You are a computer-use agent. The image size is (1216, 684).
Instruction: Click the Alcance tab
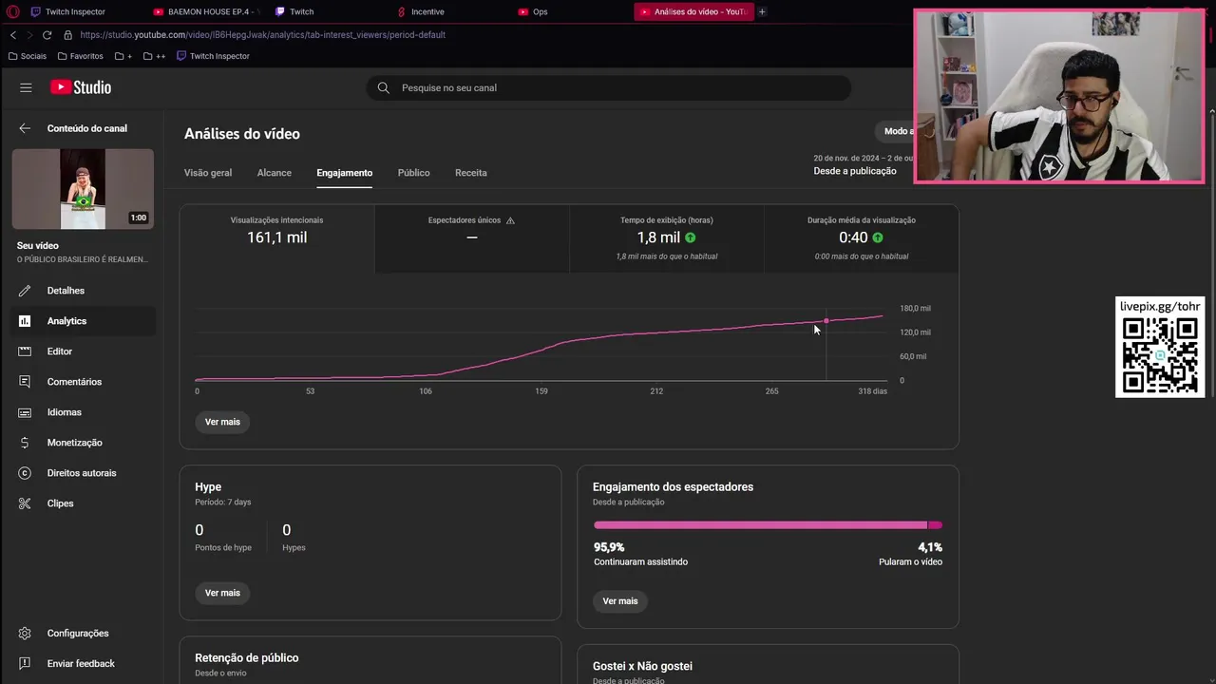point(274,173)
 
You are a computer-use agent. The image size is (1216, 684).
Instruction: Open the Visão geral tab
point(208,173)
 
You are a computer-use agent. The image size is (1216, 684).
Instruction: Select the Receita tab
point(470,173)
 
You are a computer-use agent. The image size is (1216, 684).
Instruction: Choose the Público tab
point(413,173)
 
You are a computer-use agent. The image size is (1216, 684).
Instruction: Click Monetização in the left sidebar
point(74,443)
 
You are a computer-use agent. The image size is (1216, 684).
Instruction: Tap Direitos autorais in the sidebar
point(82,473)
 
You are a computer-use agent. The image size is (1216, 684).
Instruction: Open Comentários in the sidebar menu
point(74,382)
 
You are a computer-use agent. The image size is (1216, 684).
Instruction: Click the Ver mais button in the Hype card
point(222,593)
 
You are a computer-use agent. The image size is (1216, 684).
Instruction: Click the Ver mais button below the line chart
point(222,422)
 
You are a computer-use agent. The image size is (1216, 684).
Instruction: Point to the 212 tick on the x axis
point(656,391)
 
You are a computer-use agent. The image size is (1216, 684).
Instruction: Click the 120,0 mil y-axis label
point(915,332)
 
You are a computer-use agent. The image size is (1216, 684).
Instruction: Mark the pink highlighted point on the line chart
point(826,321)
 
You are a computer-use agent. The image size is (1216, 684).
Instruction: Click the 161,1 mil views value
point(276,237)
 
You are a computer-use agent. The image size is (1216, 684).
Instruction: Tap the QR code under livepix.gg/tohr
point(1159,355)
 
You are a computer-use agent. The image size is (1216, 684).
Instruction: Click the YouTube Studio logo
point(81,87)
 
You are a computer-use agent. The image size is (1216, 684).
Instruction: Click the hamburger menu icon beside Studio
point(26,87)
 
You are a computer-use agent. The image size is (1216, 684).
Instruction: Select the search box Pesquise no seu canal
point(608,87)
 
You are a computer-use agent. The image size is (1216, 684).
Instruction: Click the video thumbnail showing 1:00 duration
point(83,189)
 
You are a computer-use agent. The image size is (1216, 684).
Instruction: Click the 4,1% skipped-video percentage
point(929,547)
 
